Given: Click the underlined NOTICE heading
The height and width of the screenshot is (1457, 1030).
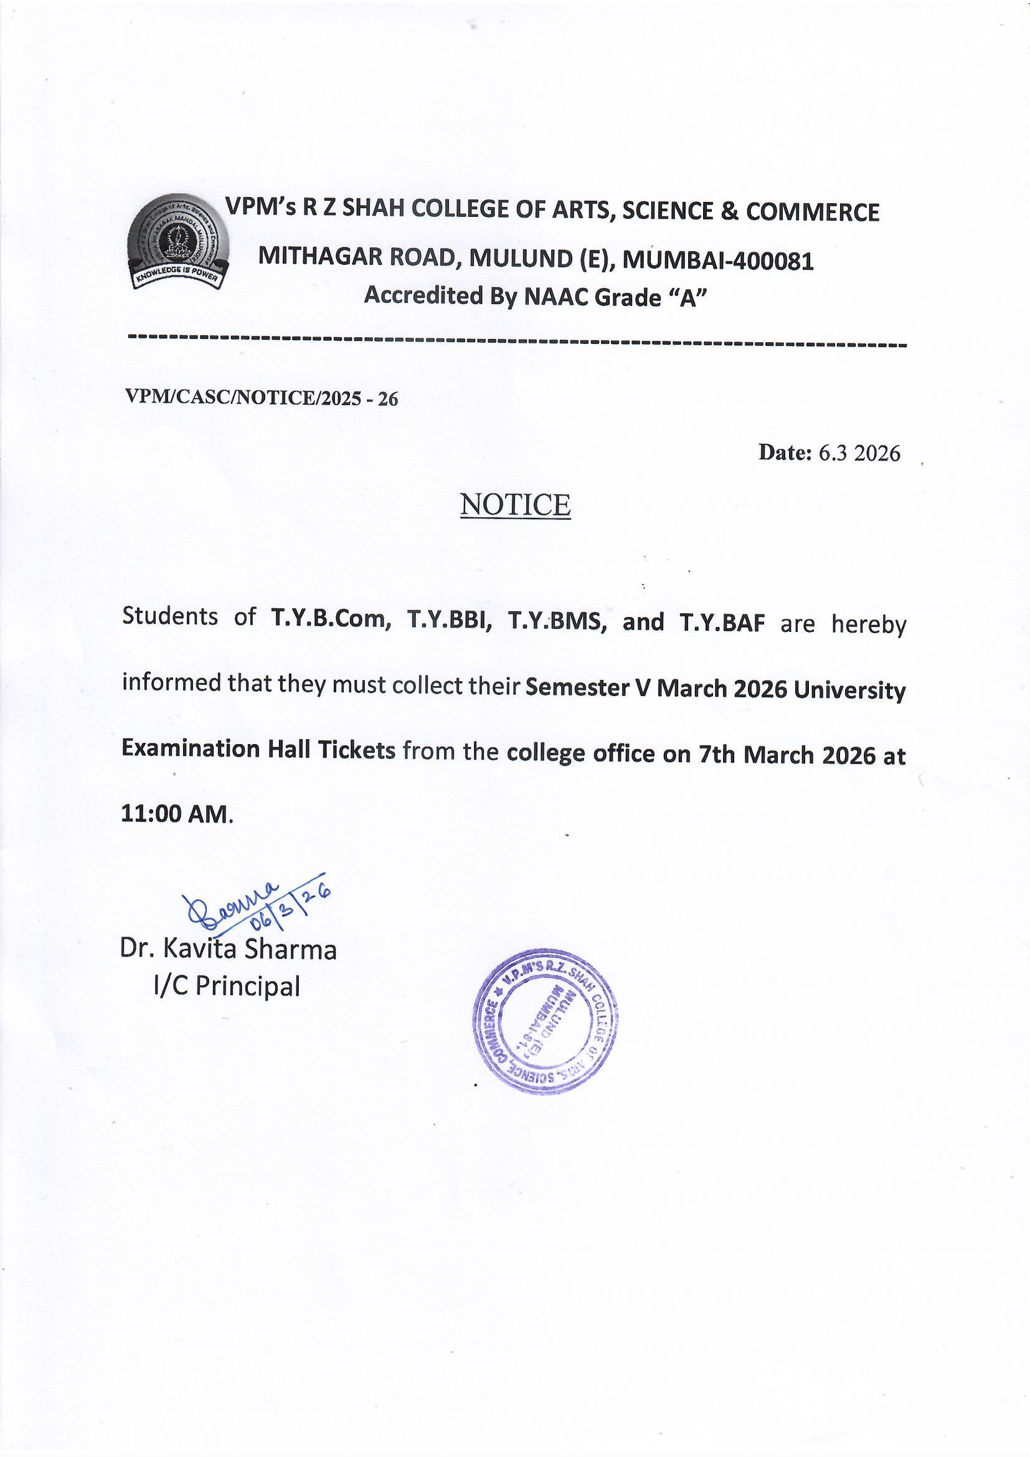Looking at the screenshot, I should coord(515,505).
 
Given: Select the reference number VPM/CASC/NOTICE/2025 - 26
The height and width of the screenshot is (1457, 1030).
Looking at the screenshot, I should coord(262,398).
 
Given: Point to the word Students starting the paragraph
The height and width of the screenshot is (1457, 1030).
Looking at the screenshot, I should coord(170,616).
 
